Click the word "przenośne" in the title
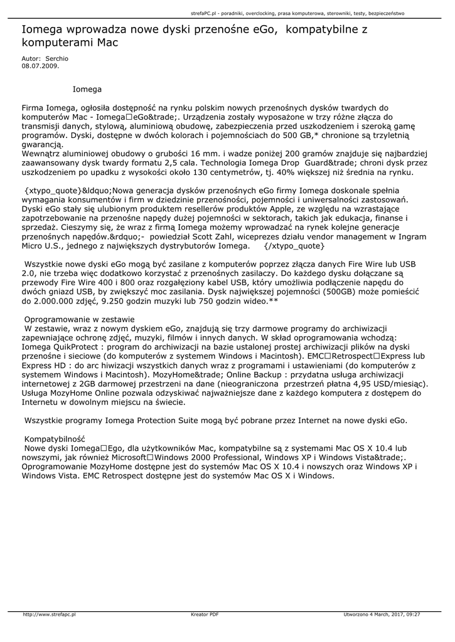pos(218,30)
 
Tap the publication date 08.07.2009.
pos(40,65)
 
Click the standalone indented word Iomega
pos(87,90)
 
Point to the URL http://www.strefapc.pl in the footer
pos(49,614)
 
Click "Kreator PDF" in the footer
pos(205,614)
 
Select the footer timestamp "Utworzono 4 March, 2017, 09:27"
pos(382,614)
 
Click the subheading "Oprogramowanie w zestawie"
pos(79,319)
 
